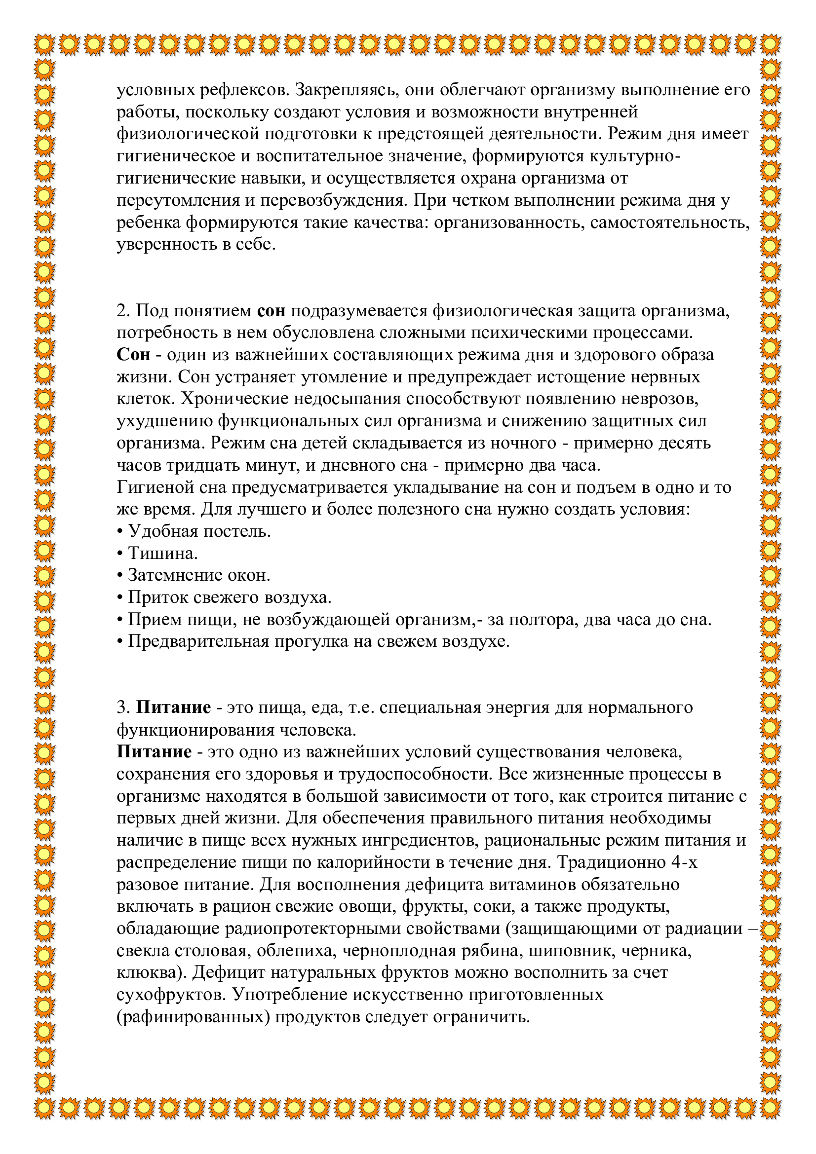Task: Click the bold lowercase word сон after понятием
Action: [x=271, y=311]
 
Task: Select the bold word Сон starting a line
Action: [x=133, y=355]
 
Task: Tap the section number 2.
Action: [x=123, y=311]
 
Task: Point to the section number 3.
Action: [x=123, y=707]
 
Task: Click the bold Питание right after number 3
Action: [x=173, y=707]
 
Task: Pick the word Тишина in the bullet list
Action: [x=162, y=554]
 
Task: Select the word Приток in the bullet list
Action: [x=157, y=597]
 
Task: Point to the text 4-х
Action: [x=684, y=862]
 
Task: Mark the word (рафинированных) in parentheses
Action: [x=193, y=1017]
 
